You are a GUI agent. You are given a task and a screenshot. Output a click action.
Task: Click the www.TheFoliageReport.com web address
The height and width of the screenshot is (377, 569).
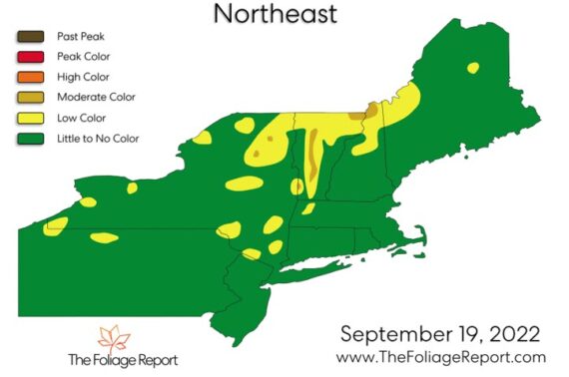(441, 357)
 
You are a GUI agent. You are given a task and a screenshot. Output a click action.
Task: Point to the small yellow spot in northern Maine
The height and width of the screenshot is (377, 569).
(472, 68)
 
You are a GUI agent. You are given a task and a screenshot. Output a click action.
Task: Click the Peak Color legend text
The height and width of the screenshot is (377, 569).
(71, 55)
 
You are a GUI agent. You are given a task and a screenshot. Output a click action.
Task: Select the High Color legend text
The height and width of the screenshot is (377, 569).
(71, 76)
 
